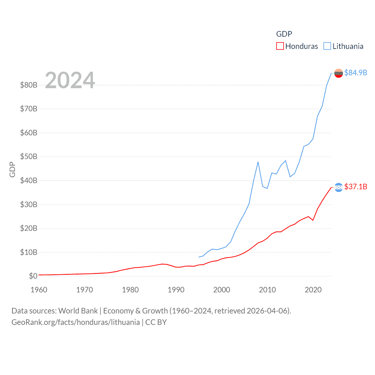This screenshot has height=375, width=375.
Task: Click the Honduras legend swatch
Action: pyautogui.click(x=280, y=46)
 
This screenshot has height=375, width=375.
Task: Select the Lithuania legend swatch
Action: pyautogui.click(x=327, y=46)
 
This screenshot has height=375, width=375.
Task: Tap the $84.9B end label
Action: pyautogui.click(x=356, y=73)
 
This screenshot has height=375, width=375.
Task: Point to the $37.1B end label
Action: pyautogui.click(x=356, y=187)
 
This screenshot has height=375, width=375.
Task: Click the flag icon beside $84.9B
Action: pyautogui.click(x=339, y=73)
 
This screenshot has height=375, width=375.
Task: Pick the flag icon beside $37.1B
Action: pyautogui.click(x=339, y=187)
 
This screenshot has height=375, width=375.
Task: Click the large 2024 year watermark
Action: pyautogui.click(x=70, y=80)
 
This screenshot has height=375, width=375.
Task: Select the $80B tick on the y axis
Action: pyautogui.click(x=29, y=85)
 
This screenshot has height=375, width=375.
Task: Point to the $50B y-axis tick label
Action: pyautogui.click(x=29, y=156)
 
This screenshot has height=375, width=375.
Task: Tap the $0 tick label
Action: pyautogui.click(x=33, y=276)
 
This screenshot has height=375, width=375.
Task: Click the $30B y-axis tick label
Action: pyautogui.click(x=29, y=204)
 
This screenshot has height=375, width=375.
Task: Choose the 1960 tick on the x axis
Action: pyautogui.click(x=39, y=290)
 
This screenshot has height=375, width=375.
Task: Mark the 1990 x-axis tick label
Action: pyautogui.click(x=176, y=290)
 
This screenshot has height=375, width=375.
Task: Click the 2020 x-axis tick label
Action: pyautogui.click(x=313, y=290)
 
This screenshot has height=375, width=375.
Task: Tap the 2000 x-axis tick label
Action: pyautogui.click(x=222, y=290)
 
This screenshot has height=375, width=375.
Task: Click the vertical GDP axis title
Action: pyautogui.click(x=12, y=169)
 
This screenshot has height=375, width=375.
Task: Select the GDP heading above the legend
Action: pyautogui.click(x=284, y=34)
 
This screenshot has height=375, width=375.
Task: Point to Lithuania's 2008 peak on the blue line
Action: pyautogui.click(x=258, y=162)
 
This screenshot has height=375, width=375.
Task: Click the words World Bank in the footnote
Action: pyautogui.click(x=78, y=311)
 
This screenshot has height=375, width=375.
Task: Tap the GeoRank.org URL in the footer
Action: pyautogui.click(x=76, y=322)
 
